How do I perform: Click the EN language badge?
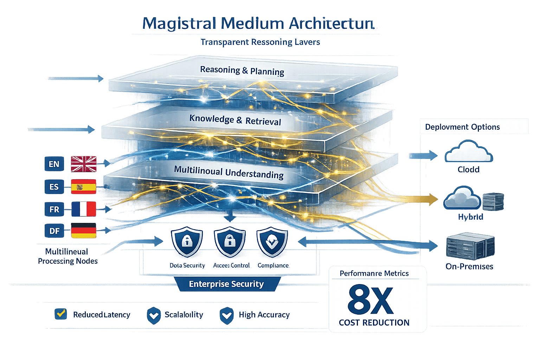(54, 164)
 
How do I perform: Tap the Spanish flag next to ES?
(83, 187)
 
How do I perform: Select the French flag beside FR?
(84, 209)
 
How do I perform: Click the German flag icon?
(84, 231)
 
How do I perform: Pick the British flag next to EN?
(84, 164)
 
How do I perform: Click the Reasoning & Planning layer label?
(242, 71)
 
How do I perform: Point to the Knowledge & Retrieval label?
(235, 120)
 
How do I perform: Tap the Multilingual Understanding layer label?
(229, 173)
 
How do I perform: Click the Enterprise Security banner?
(226, 284)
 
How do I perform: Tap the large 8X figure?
(371, 300)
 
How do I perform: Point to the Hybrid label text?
(470, 217)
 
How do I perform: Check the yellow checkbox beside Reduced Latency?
(61, 314)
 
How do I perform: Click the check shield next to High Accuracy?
(226, 315)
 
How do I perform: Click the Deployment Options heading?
(462, 127)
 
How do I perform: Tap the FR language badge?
(54, 210)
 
